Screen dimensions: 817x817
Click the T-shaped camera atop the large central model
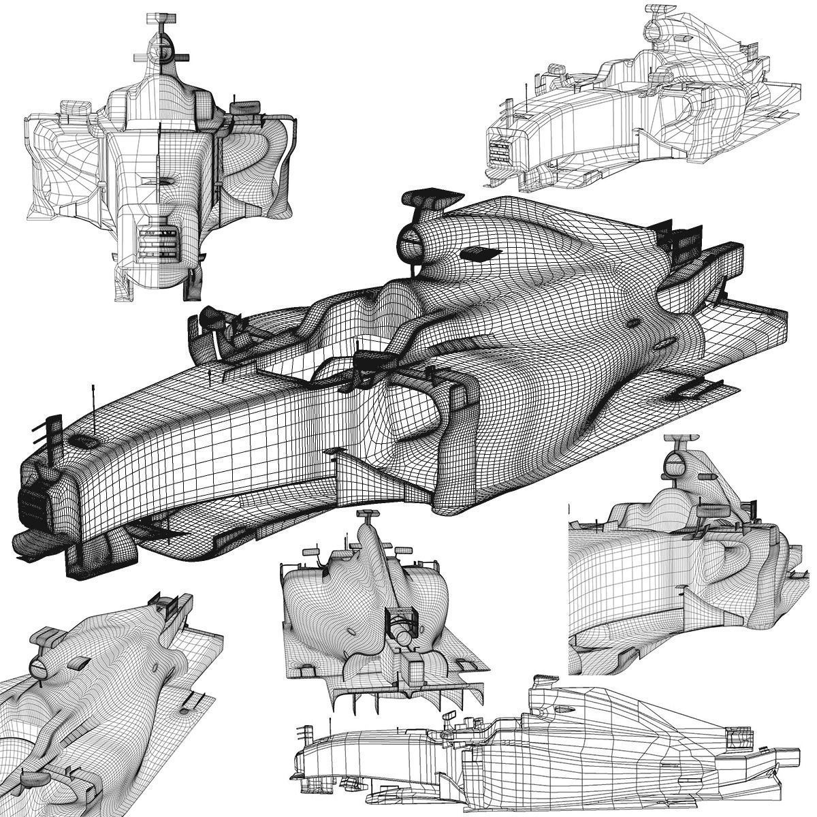pyautogui.click(x=429, y=197)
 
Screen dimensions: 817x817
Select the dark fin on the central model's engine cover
pyautogui.click(x=480, y=253)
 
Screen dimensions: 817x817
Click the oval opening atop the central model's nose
pyautogui.click(x=84, y=440)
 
